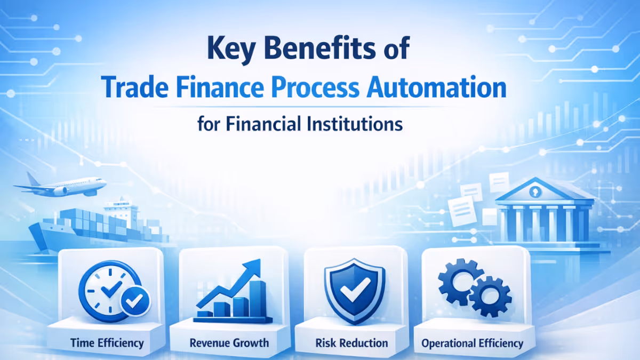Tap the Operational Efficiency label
(472, 343)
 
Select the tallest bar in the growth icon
(258, 297)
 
